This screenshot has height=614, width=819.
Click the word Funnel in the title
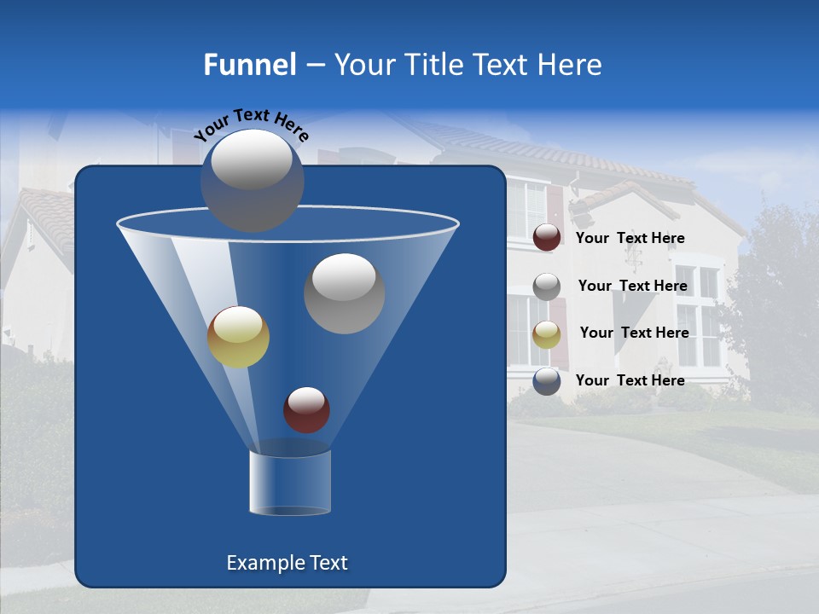click(249, 65)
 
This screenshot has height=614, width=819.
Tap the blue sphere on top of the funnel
click(253, 180)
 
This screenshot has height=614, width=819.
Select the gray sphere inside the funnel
click(344, 293)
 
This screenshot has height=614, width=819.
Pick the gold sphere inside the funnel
click(238, 337)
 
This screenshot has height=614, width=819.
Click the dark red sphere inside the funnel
click(306, 409)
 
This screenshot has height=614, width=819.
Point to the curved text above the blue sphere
click(251, 123)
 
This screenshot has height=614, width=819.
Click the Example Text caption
click(288, 563)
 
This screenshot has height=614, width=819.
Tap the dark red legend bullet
click(547, 238)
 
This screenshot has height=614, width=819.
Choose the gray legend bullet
click(547, 286)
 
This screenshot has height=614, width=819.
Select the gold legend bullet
click(547, 333)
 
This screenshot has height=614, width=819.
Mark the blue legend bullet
click(547, 381)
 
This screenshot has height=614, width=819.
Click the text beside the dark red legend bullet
click(630, 238)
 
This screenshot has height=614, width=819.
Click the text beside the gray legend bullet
click(633, 286)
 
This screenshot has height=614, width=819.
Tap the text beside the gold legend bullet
click(635, 333)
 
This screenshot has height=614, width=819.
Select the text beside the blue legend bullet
click(630, 380)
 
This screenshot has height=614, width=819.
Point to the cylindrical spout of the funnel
click(290, 483)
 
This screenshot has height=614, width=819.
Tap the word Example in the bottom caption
click(265, 563)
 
